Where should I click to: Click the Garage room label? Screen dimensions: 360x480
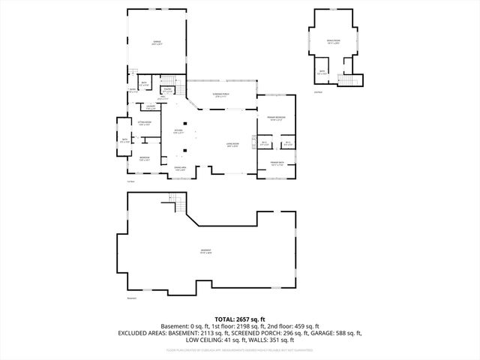click(157, 43)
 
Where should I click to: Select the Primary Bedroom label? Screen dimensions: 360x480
click(276, 118)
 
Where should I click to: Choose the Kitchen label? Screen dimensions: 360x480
click(178, 131)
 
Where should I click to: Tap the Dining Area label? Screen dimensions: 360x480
click(181, 169)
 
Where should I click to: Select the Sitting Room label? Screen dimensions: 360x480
click(145, 123)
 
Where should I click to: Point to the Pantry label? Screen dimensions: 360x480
click(168, 90)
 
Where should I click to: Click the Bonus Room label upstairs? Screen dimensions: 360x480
click(334, 42)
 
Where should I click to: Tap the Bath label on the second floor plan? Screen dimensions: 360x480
click(322, 73)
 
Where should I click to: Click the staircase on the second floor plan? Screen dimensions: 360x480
click(346, 81)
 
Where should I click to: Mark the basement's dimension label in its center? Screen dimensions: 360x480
click(205, 251)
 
